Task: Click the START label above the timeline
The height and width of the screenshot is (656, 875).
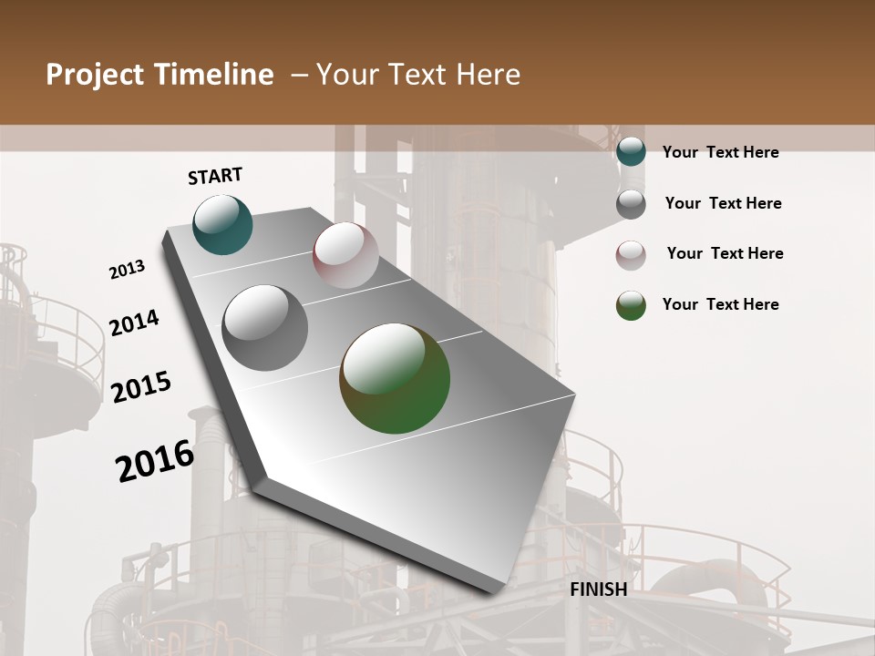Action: coord(215,176)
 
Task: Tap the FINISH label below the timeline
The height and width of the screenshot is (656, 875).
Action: coord(599,589)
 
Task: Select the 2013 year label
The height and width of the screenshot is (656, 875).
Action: coord(128,270)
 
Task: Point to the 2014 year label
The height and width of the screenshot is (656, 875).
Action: coord(134,323)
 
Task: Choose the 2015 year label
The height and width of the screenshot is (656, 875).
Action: coord(141,387)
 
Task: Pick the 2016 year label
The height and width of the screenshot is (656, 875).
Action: coord(155,460)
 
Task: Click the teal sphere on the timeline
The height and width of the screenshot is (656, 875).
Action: coord(222,224)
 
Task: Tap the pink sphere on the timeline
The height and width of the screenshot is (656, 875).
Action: coord(345,255)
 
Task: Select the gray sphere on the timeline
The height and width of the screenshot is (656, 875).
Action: coord(265,328)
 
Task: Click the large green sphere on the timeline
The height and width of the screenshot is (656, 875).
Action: coord(395,378)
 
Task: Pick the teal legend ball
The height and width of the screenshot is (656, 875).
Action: coord(631,152)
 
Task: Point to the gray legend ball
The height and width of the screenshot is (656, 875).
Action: coord(631,204)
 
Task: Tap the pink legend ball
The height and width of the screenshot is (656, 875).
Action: coord(631,255)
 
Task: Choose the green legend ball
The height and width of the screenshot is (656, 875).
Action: coord(631,305)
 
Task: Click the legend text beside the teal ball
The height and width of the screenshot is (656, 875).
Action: coord(720,152)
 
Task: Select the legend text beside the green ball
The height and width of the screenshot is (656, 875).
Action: coord(720,304)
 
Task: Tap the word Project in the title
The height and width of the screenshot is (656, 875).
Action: coord(95,75)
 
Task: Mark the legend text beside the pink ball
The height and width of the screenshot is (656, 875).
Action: coord(725,253)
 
